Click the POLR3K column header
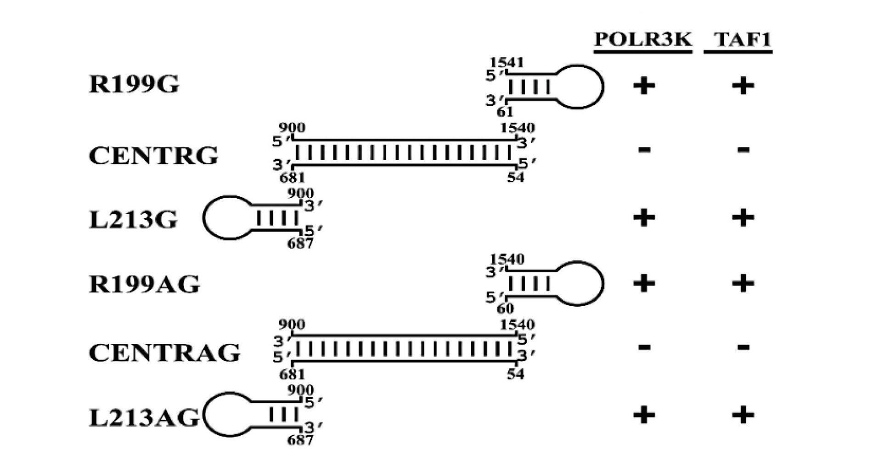tap(643, 40)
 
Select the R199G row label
tap(133, 85)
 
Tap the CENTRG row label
tap(153, 156)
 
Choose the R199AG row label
tap(144, 285)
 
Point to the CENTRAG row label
tap(164, 353)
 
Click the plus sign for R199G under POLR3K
tap(643, 86)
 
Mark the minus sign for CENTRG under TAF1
tap(743, 149)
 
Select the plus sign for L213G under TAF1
tap(743, 217)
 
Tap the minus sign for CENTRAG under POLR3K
tap(644, 347)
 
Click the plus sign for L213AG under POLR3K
tap(643, 416)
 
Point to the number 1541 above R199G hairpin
tap(506, 63)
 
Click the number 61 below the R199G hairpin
tap(505, 111)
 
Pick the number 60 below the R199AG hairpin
tap(505, 308)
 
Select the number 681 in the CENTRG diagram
tap(292, 177)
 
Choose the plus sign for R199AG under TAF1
tap(743, 283)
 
